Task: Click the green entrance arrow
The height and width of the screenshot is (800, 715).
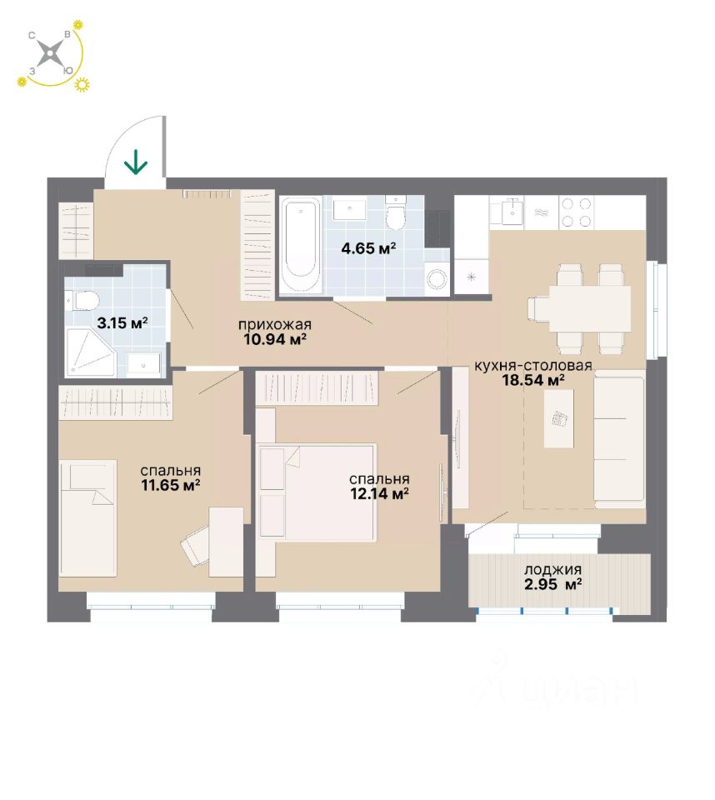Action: [136, 162]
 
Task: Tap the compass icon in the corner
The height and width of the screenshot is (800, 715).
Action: [52, 55]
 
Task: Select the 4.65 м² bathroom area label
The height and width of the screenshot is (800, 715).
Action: [367, 247]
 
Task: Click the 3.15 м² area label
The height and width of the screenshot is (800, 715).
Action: [122, 322]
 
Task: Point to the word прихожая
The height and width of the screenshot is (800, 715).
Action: [274, 325]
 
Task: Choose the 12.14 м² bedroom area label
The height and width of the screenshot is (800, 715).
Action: [378, 492]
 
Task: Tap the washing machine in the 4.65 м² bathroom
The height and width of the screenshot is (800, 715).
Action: [437, 279]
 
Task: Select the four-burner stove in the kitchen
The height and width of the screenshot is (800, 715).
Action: [576, 212]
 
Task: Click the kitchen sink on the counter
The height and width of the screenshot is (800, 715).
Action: [510, 212]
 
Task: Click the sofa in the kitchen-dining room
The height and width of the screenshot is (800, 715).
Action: [619, 438]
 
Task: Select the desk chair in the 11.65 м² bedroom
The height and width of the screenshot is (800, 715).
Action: [197, 547]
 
